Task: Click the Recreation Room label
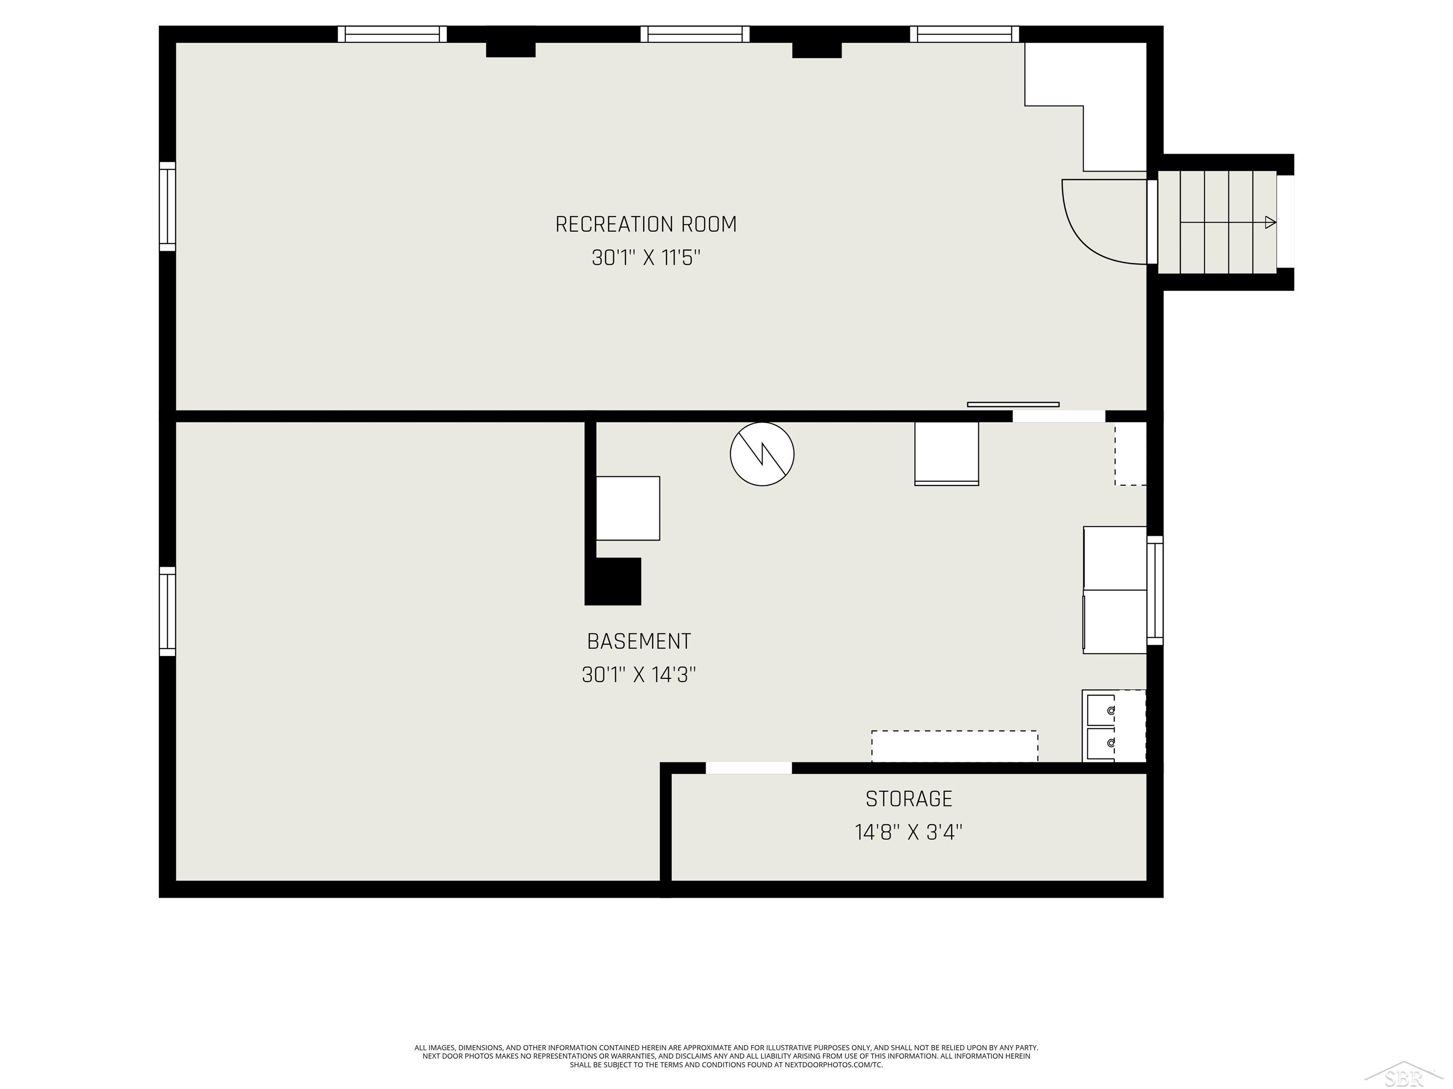(646, 225)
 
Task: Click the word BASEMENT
(639, 641)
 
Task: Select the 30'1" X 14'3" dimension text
(639, 675)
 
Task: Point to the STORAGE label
(909, 799)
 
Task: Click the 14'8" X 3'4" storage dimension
(909, 832)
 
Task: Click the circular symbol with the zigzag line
(762, 454)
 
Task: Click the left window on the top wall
(392, 34)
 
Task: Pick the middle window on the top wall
(695, 34)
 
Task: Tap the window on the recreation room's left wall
(167, 206)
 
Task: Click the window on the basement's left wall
(167, 611)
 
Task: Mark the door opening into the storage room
(748, 768)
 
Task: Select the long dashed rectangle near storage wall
(954, 746)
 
